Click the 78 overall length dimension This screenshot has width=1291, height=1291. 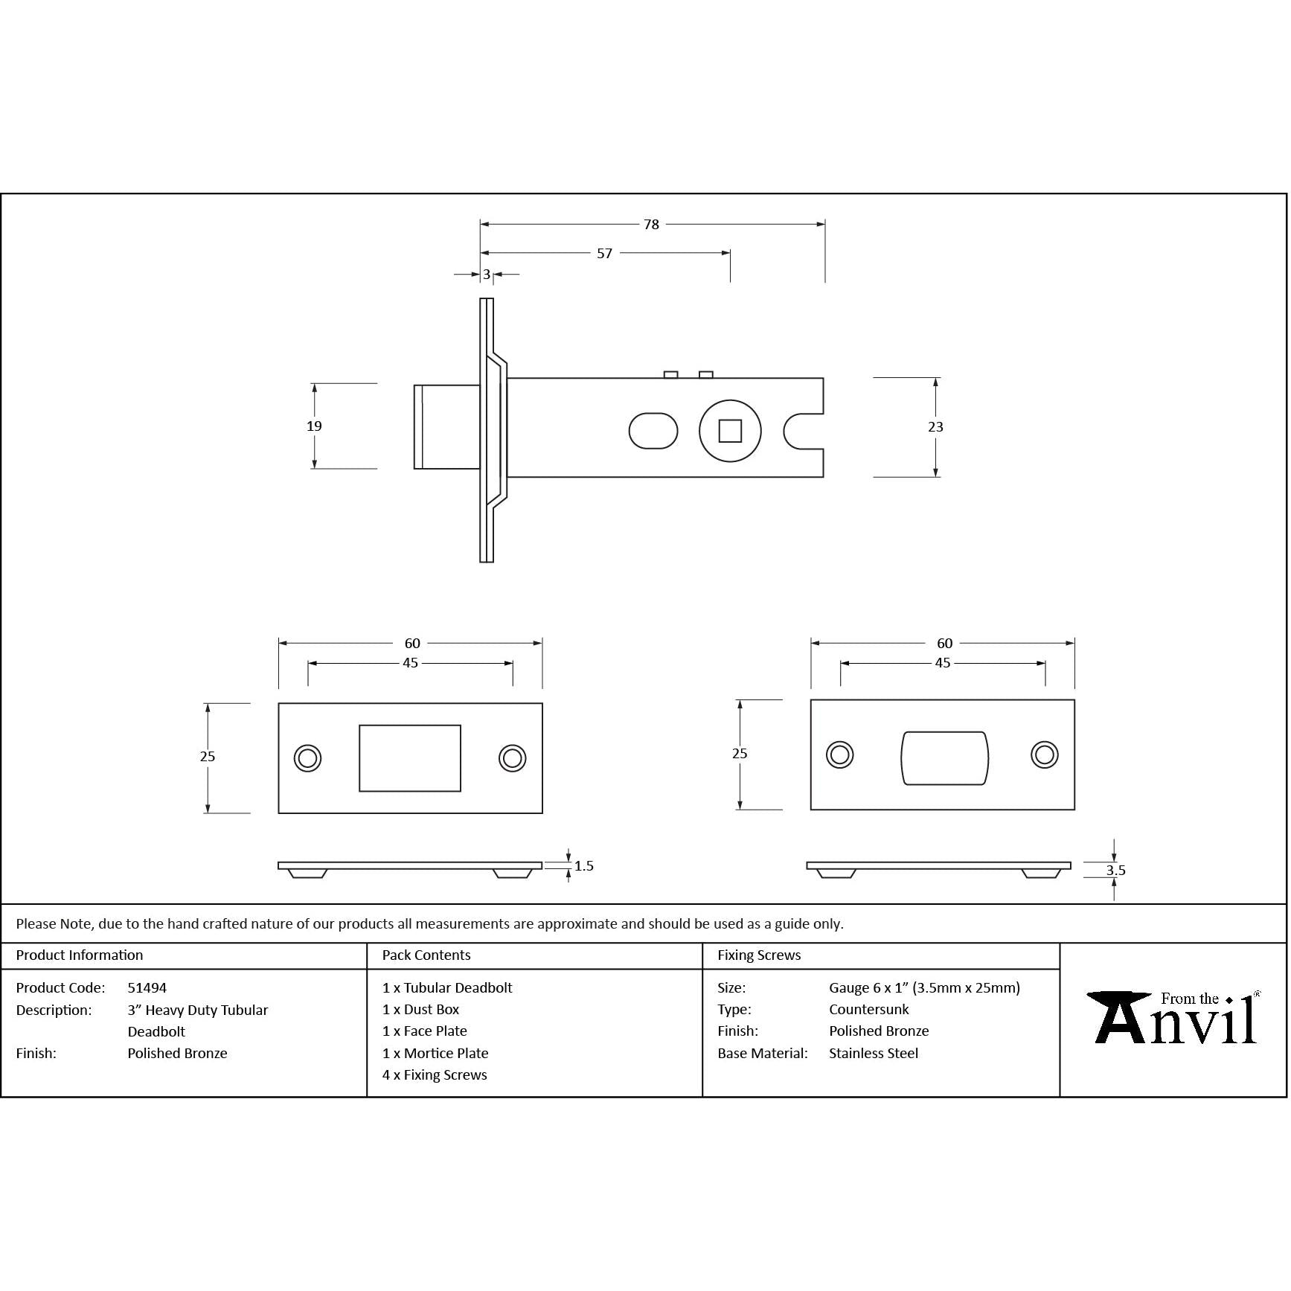point(651,224)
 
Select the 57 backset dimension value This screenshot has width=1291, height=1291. point(604,254)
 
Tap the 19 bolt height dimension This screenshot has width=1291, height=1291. point(314,426)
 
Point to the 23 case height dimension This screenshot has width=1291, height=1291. point(935,427)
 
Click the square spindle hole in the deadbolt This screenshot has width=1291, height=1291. point(730,431)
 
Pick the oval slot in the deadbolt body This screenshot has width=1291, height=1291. point(653,431)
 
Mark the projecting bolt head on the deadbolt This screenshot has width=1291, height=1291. point(446,427)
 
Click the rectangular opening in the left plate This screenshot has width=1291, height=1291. point(410,758)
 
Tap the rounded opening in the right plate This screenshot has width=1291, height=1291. point(944,758)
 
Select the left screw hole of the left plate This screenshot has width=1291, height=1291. point(307,758)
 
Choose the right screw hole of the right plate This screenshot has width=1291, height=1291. point(1045,755)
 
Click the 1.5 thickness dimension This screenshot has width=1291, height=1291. point(584,866)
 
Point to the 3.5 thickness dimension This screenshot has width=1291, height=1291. point(1115,871)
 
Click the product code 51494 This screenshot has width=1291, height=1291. point(147,988)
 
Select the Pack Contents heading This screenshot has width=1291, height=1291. point(426,955)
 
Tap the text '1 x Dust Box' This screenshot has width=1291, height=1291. point(420,1010)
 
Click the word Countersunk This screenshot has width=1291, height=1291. point(869,1010)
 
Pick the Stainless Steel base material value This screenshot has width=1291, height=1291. point(874,1054)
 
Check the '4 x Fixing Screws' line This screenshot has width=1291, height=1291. point(435,1075)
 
